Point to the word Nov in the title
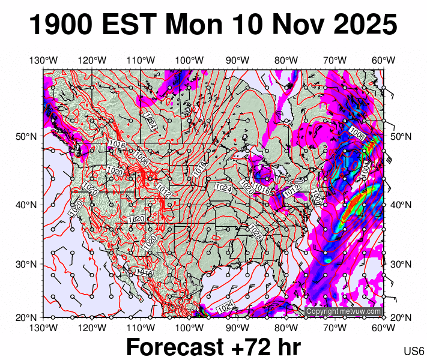pyautogui.click(x=288, y=25)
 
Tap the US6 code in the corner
pyautogui.click(x=414, y=350)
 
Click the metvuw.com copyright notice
pyautogui.click(x=344, y=311)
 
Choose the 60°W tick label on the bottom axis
pyautogui.click(x=383, y=328)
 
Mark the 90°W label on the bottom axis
pyautogui.click(x=238, y=328)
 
